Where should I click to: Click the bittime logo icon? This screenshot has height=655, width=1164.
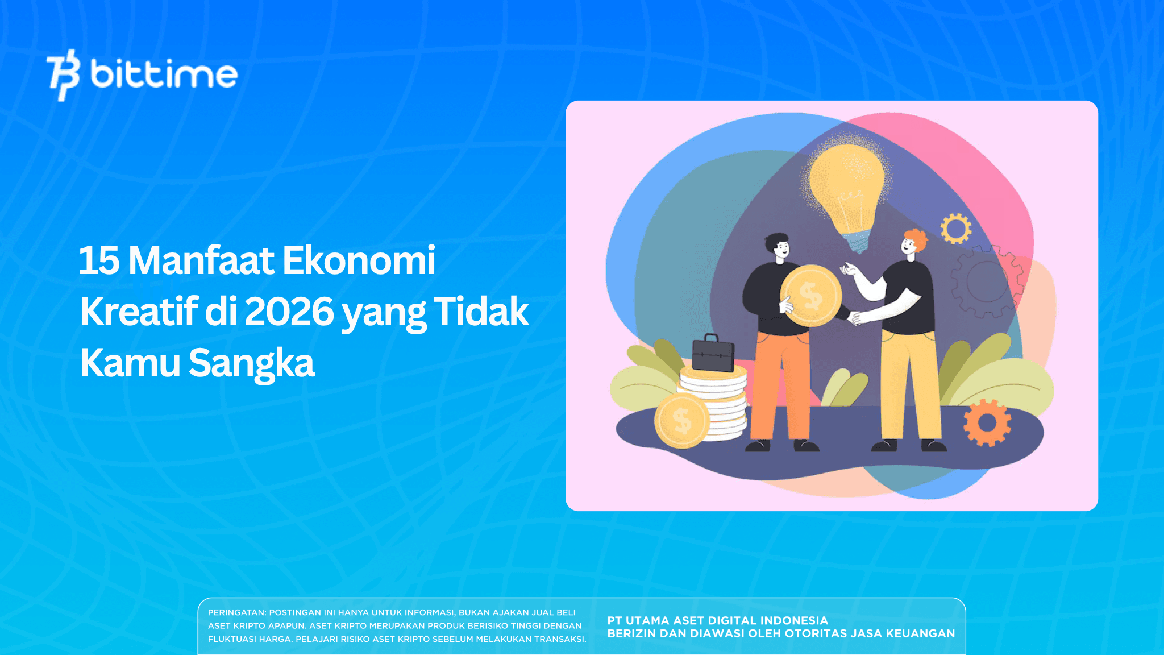tap(63, 75)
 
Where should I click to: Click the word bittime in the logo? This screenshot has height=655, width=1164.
tap(164, 75)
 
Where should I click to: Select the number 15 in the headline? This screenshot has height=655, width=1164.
tap(99, 261)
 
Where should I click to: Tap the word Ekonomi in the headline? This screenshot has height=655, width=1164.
tap(359, 261)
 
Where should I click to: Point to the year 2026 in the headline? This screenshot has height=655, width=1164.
tap(289, 312)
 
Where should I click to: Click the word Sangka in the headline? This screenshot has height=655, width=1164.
tap(251, 363)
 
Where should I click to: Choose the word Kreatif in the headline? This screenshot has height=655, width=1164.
tap(139, 312)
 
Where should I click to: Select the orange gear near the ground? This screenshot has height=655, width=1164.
tap(987, 423)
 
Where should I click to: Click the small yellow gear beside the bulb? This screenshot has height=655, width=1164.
tap(956, 229)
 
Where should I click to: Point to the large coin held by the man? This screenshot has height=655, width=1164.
tap(811, 296)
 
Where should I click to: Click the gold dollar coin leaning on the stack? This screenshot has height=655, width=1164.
tap(681, 421)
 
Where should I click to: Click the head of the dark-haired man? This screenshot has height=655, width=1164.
tap(778, 246)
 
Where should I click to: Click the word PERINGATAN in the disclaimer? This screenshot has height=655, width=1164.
tap(236, 612)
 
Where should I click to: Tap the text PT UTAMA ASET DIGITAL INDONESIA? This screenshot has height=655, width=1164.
tap(717, 620)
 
